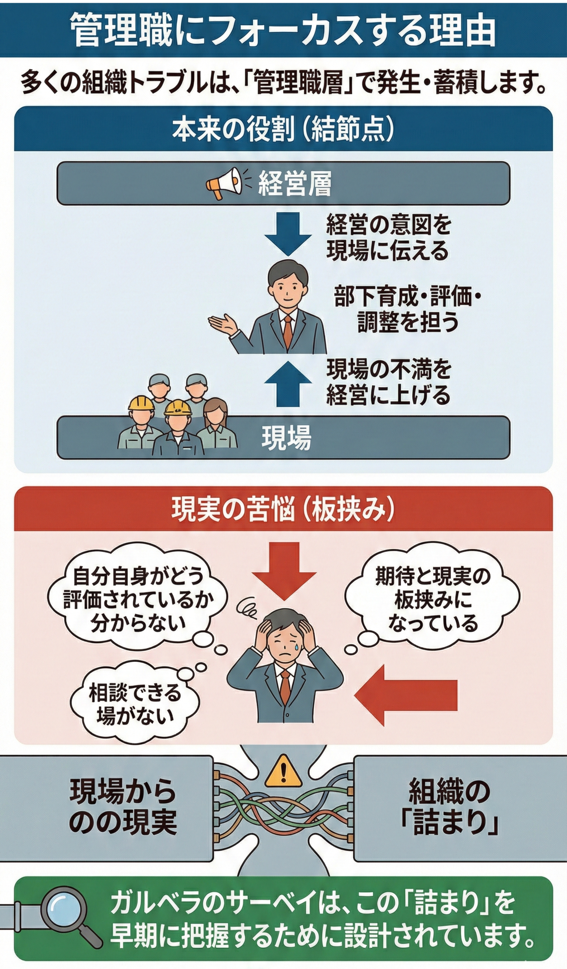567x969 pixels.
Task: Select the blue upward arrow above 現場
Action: point(288,384)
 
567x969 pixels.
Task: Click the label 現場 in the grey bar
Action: point(286,438)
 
